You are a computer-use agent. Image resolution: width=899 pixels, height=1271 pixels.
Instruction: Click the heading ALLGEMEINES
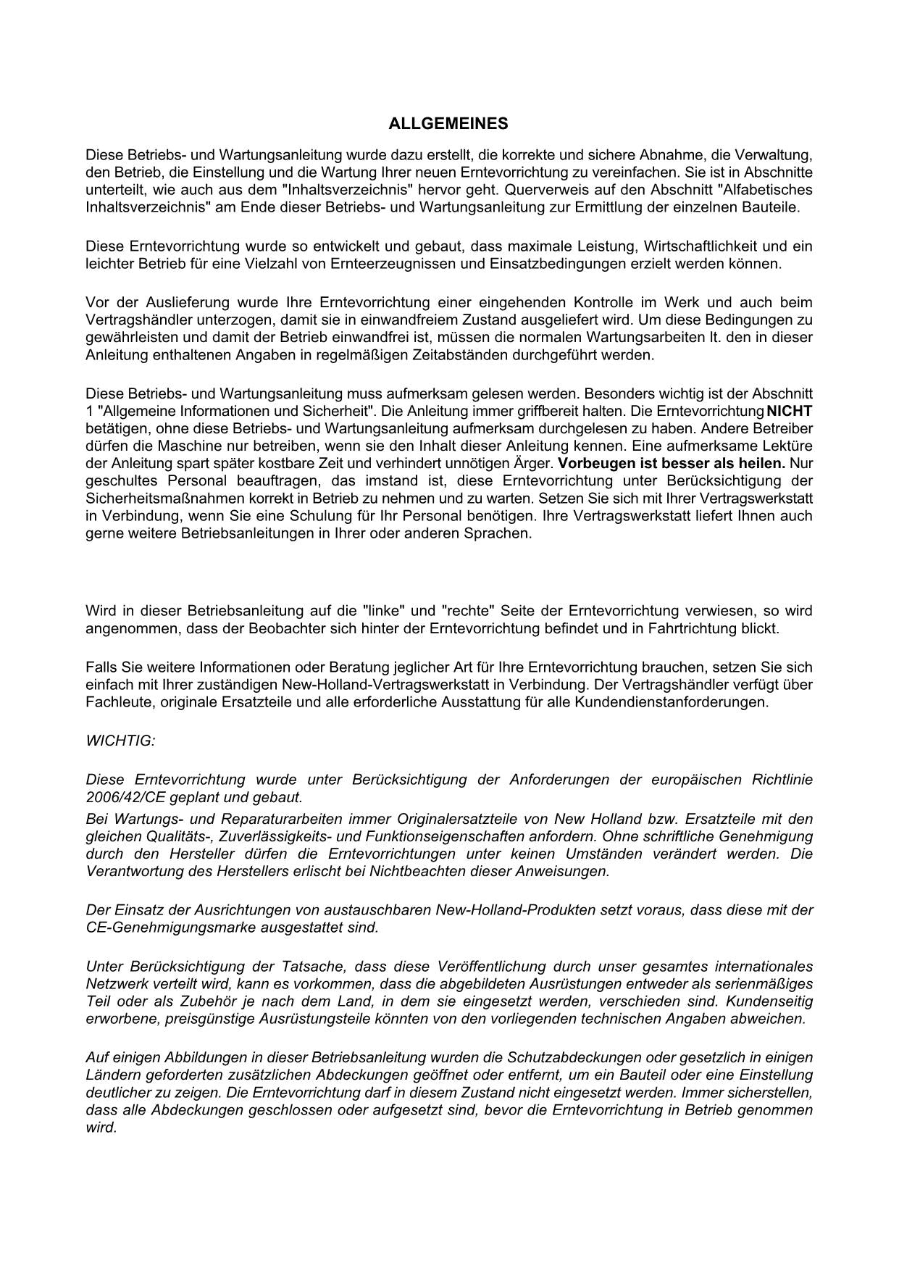click(x=448, y=124)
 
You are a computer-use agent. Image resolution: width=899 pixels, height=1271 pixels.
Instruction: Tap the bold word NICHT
click(x=789, y=411)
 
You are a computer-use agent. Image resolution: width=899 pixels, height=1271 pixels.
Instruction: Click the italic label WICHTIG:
click(x=120, y=741)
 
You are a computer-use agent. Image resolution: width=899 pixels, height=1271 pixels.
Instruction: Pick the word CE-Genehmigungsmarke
click(x=162, y=928)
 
